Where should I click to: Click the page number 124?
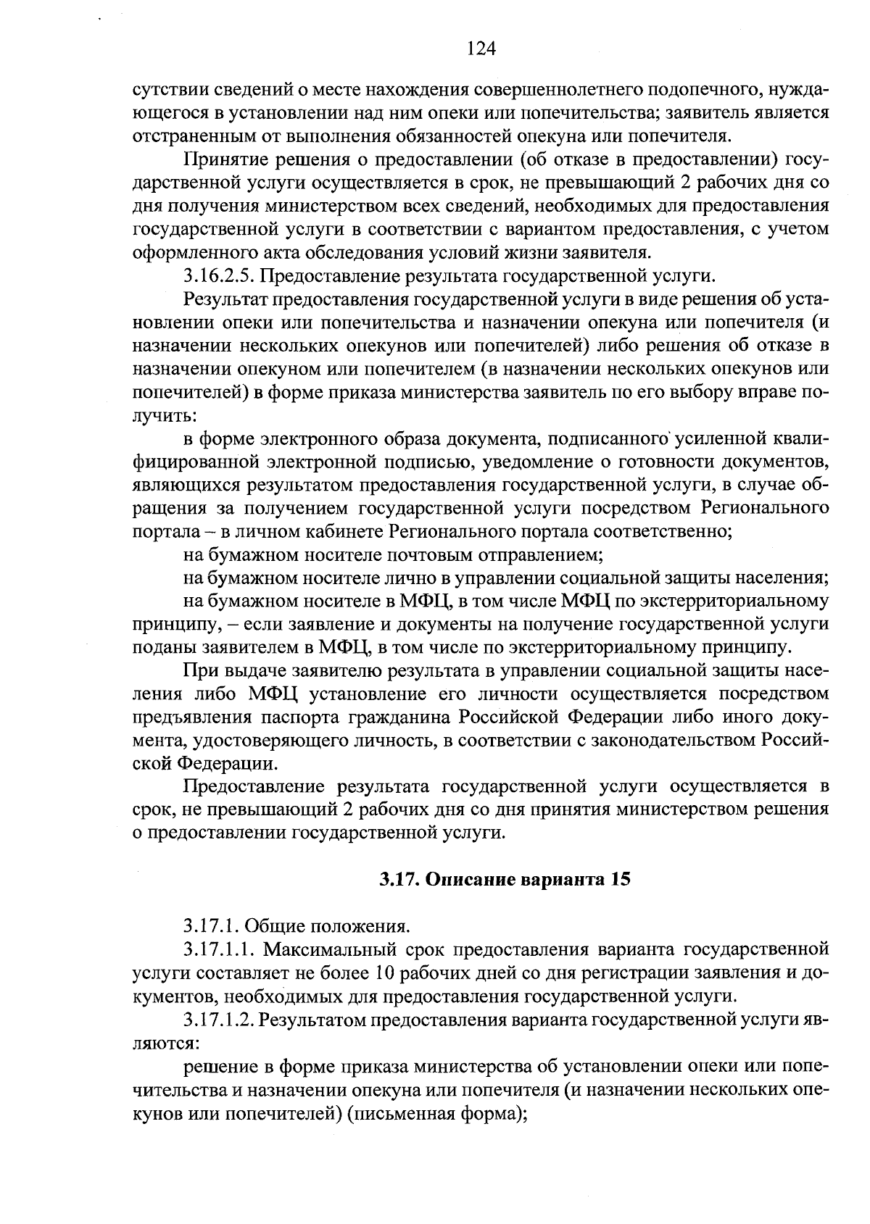pyautogui.click(x=481, y=49)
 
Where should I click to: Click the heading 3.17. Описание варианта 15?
pyautogui.click(x=505, y=880)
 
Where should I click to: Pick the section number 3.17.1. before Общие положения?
pyautogui.click(x=210, y=925)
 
